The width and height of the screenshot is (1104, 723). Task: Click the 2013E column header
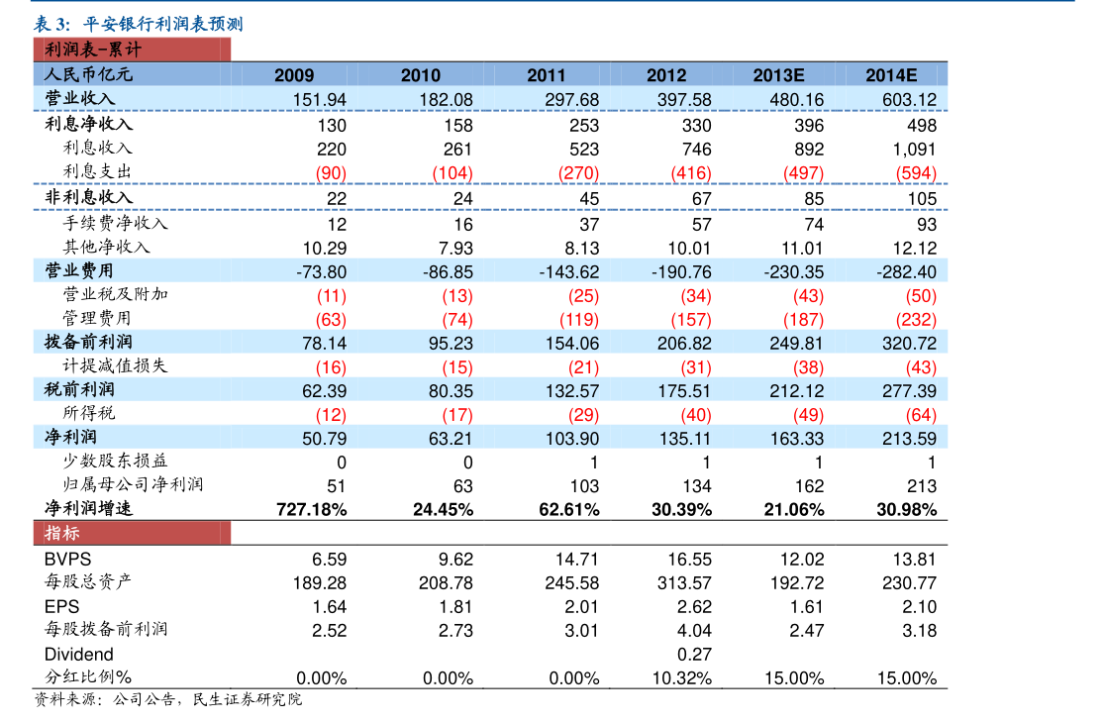[778, 75]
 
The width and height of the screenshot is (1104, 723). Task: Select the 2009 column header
[294, 75]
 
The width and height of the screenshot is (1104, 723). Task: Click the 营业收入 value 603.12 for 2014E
[909, 99]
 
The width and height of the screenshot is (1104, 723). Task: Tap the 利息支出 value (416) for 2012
[690, 173]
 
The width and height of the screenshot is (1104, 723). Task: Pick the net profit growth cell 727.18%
[309, 510]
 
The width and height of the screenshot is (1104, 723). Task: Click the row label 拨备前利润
[89, 343]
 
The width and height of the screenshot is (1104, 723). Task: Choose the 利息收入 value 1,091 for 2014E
[914, 150]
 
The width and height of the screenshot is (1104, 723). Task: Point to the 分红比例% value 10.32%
[682, 678]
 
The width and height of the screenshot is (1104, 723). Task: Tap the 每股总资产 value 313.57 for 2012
[684, 583]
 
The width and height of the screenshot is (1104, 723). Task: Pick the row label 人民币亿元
[88, 74]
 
